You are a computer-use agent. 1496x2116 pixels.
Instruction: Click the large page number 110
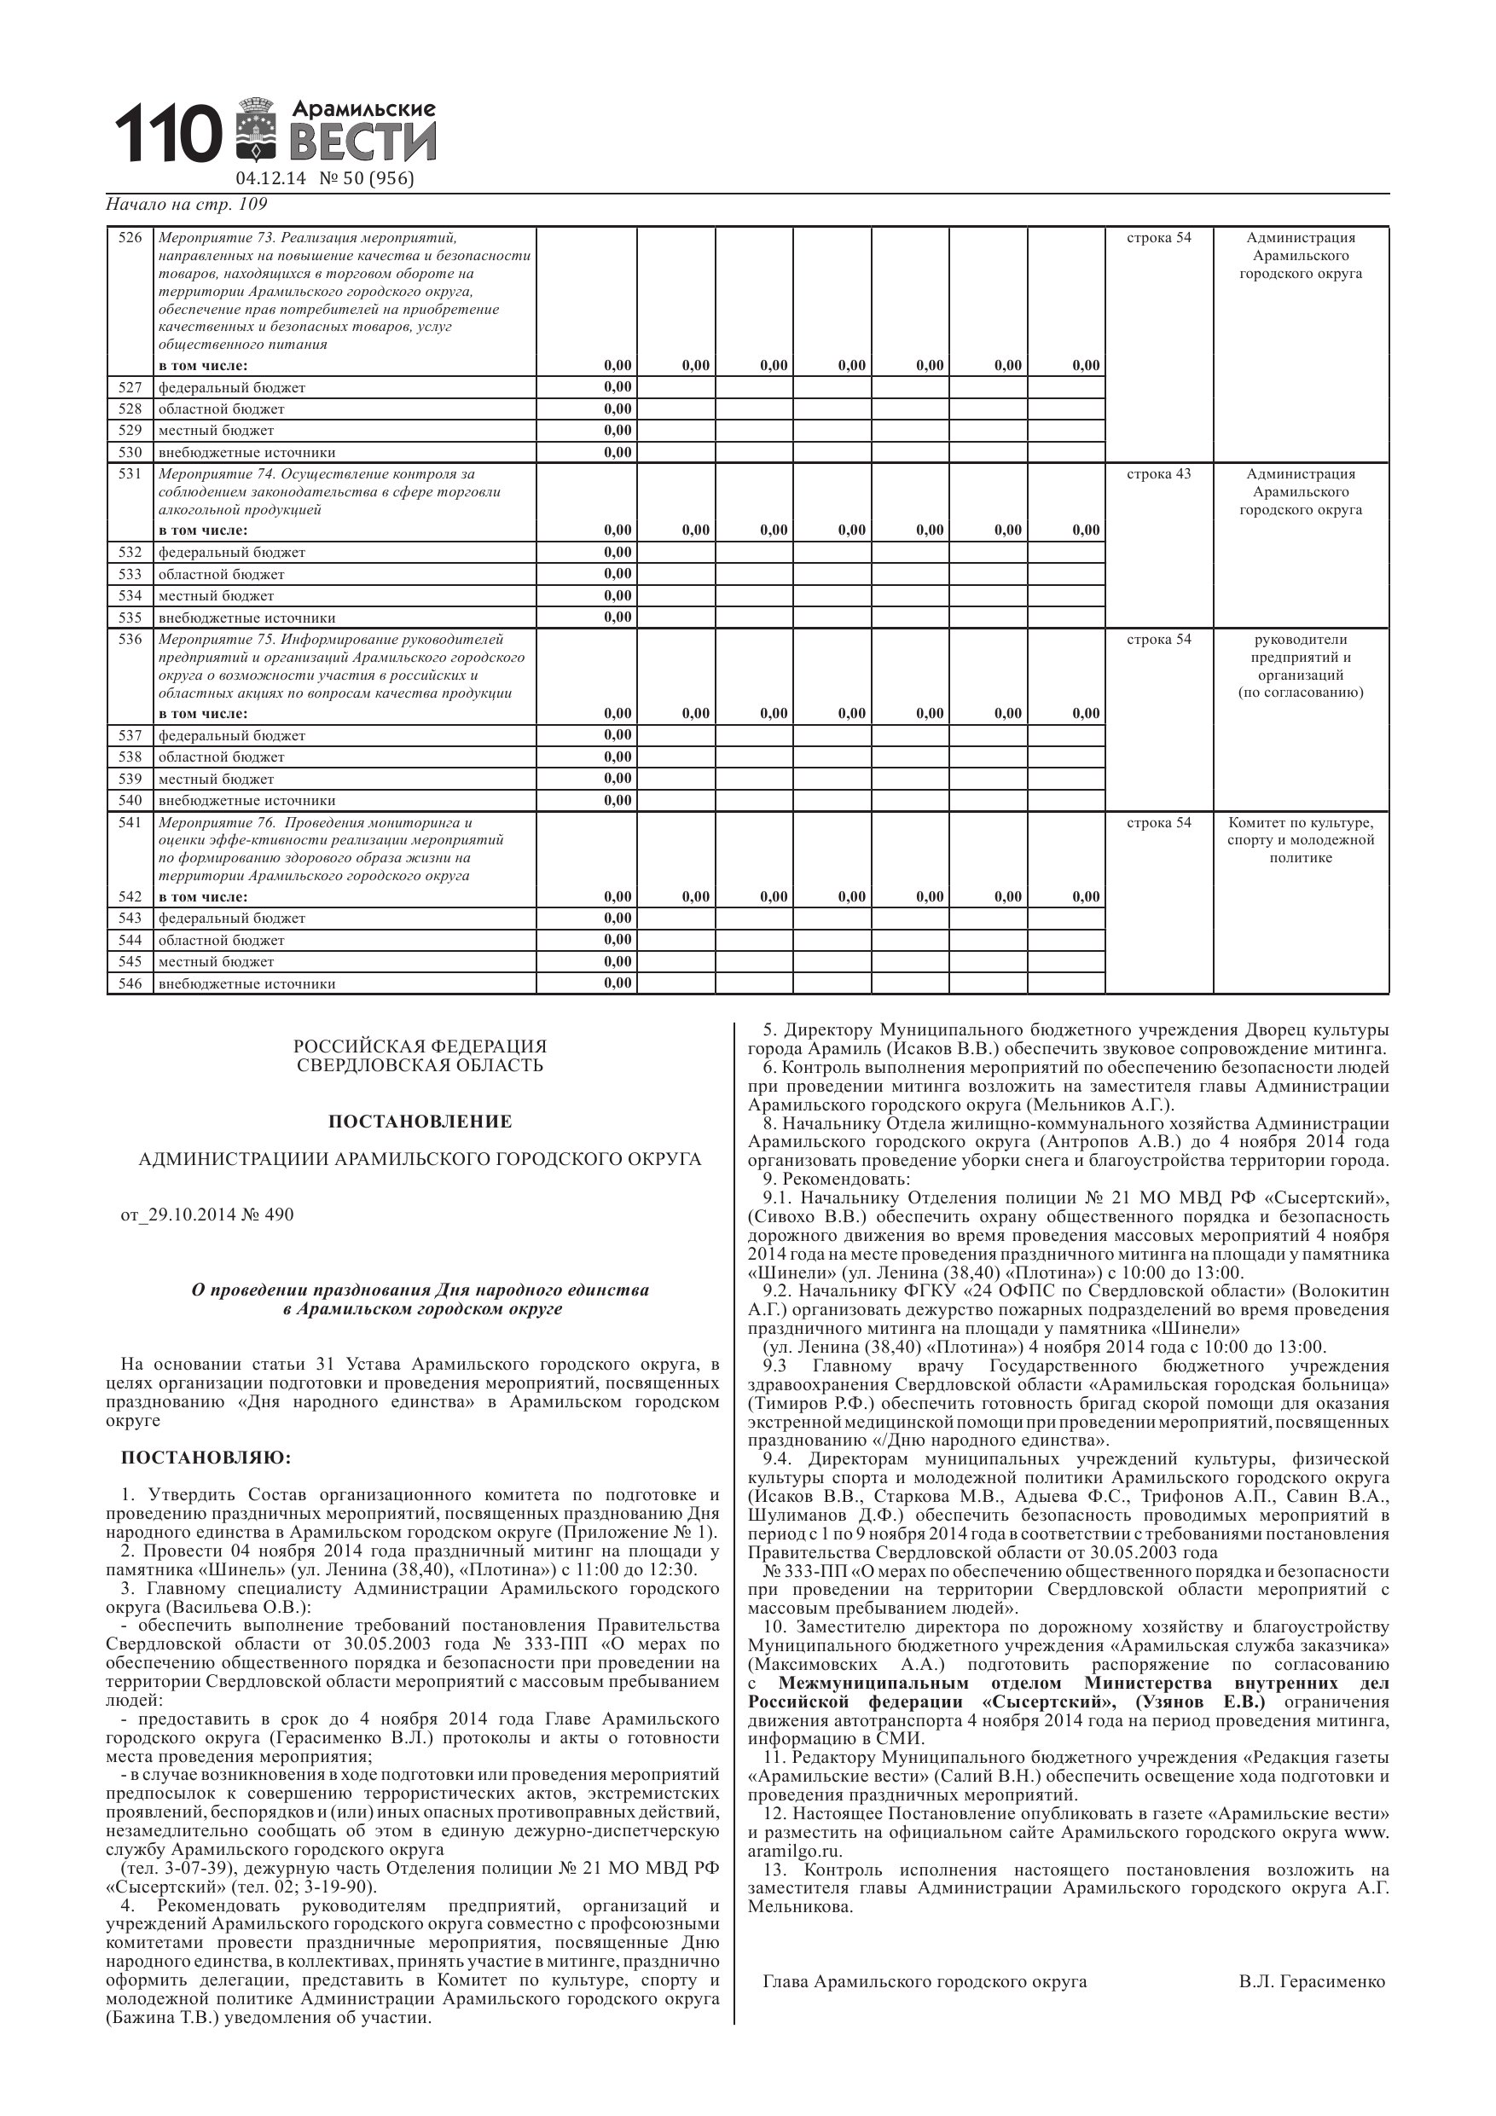pos(168,134)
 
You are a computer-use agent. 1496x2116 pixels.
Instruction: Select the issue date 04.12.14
pos(270,179)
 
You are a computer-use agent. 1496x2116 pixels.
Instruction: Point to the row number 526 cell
pos(130,238)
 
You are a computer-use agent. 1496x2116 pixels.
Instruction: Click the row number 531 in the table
pos(130,473)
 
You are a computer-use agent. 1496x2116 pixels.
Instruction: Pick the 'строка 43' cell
pos(1158,473)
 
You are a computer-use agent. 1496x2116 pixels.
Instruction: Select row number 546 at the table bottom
pos(130,983)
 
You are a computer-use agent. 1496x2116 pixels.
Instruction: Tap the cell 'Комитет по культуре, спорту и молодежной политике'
pos(1301,839)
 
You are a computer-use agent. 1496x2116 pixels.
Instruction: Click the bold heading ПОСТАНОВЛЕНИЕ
pos(420,1122)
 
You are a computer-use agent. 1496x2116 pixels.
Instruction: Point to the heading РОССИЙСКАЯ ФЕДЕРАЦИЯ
pos(420,1046)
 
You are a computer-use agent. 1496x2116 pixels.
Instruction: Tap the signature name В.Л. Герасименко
pos(1312,1981)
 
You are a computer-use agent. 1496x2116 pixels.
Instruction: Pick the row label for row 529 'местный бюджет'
pos(217,431)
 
